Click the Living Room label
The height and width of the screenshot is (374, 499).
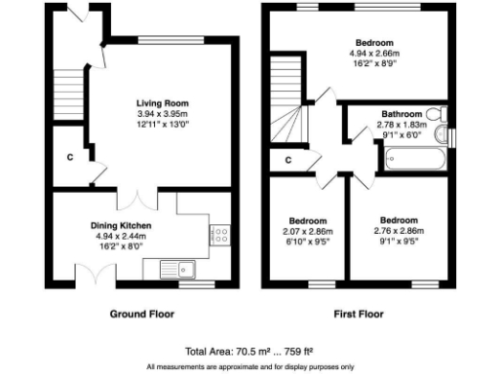click(x=162, y=102)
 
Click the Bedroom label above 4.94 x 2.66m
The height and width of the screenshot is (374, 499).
click(x=374, y=43)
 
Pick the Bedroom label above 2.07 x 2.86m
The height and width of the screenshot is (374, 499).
click(x=307, y=220)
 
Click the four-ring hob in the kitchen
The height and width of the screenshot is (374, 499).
click(x=220, y=234)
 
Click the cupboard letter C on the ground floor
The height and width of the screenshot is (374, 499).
click(x=69, y=157)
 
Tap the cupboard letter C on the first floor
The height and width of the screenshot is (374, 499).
click(x=288, y=160)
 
